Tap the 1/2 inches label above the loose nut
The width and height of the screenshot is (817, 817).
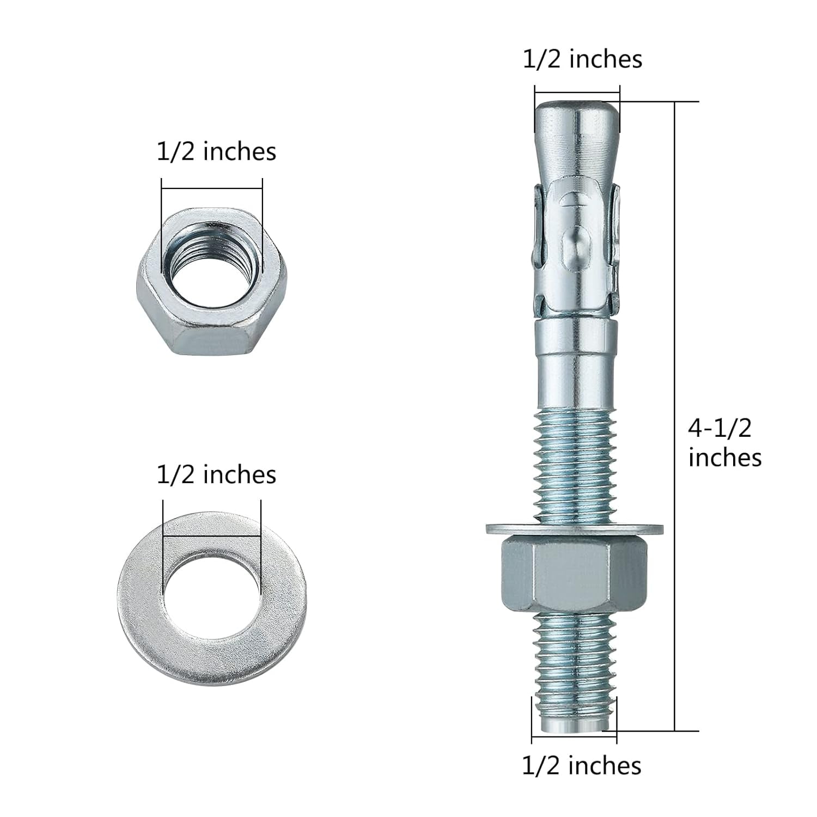[216, 151]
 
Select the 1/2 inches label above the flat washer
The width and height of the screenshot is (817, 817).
[216, 474]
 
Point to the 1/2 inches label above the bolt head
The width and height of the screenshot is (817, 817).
[582, 59]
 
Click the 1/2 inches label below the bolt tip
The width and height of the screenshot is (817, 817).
[581, 765]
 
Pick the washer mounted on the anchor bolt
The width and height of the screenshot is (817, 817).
[574, 528]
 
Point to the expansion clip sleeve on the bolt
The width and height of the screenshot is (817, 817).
[576, 251]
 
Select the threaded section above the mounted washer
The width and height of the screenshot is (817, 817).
[576, 468]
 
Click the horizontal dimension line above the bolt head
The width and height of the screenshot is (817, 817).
[577, 93]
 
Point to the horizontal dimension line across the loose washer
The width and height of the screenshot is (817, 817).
[211, 539]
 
